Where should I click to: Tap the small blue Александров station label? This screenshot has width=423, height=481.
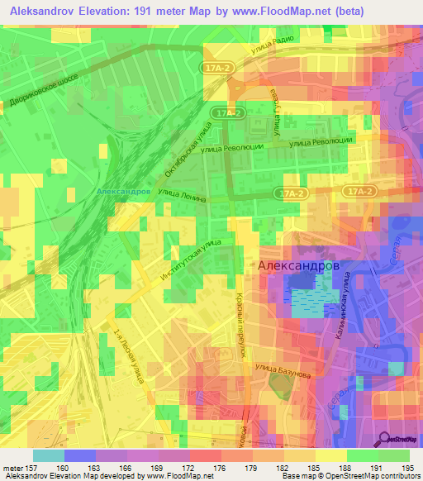[x=123, y=190]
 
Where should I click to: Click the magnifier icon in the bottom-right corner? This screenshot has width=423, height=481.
[x=385, y=439]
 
